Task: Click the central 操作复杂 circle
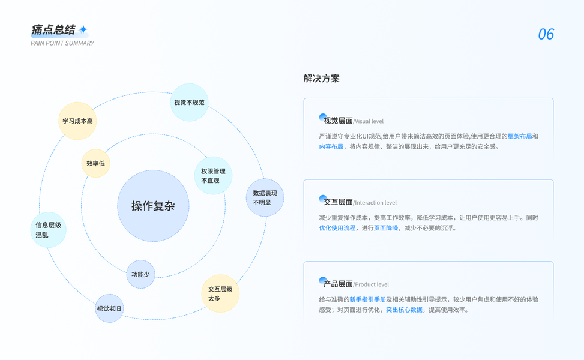click(153, 206)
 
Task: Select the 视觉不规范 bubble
click(189, 103)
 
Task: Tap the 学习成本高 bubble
click(77, 121)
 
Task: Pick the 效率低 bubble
click(95, 163)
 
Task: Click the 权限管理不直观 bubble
click(213, 176)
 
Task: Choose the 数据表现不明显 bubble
click(265, 197)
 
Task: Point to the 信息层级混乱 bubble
click(48, 230)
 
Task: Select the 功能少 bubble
click(140, 274)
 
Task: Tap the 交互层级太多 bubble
click(220, 293)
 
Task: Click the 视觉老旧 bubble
click(109, 308)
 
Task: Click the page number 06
click(546, 34)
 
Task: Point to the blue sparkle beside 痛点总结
click(83, 29)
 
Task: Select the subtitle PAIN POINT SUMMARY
click(62, 43)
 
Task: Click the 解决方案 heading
click(321, 79)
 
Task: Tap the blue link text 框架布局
click(519, 136)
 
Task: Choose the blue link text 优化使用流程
click(337, 228)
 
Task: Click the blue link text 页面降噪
click(386, 228)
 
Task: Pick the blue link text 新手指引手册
click(367, 299)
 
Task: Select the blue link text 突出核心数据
click(404, 310)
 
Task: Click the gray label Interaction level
click(376, 203)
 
